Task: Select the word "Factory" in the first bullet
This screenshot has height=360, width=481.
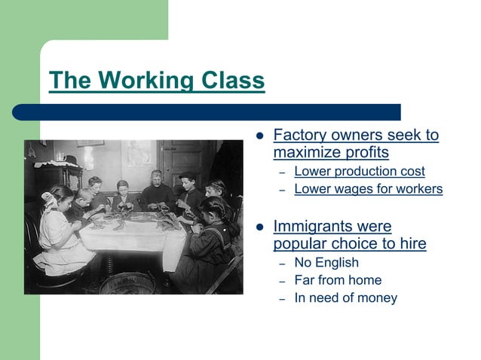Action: [x=299, y=136]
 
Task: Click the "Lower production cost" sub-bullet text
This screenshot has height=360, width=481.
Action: [x=359, y=172]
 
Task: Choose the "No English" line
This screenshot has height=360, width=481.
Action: [x=326, y=263]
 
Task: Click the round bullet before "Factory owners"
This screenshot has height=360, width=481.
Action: [x=259, y=137]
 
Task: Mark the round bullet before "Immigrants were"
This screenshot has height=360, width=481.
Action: [x=259, y=227]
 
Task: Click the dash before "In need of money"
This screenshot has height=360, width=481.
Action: [x=281, y=299]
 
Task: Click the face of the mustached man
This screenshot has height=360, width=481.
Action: [x=155, y=178]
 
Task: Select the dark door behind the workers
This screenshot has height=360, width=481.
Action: [x=179, y=162]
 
